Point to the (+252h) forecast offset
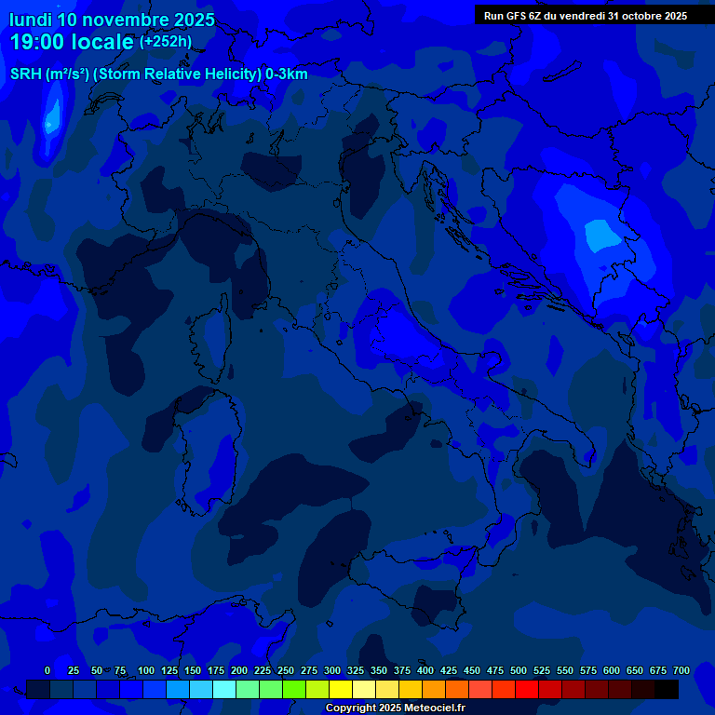pos(166,42)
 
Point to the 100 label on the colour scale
pos(146,670)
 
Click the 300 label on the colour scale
pos(332,670)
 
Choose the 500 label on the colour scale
pos(519,670)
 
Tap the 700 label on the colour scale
pos(681,670)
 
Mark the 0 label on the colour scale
pos(47,670)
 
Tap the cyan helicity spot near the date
pos(51,116)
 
